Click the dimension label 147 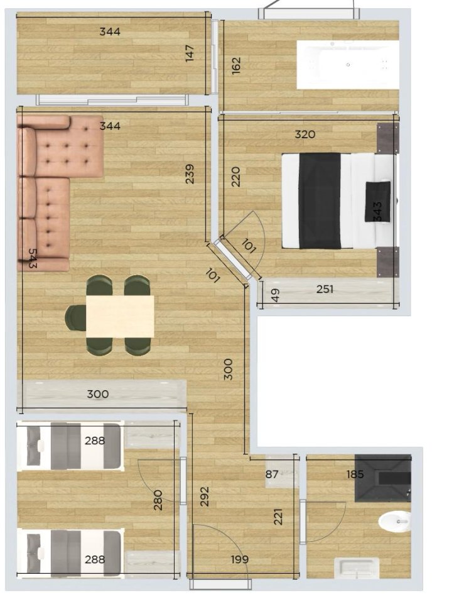point(190,53)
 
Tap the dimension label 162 point(236,65)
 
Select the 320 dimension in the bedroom point(305,134)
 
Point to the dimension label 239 point(190,174)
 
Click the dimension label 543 point(33,258)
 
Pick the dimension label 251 point(325,289)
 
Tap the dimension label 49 point(276,295)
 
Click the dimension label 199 point(240,559)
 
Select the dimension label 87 point(272,474)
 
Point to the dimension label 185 point(355,474)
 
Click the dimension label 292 point(205,496)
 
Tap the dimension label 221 point(278,517)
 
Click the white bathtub point(348,65)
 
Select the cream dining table point(120,317)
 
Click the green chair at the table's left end point(75,317)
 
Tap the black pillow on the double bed point(377,202)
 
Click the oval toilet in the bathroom point(395,521)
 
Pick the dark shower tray point(382,478)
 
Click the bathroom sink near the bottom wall point(357,569)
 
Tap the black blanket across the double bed point(320,200)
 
